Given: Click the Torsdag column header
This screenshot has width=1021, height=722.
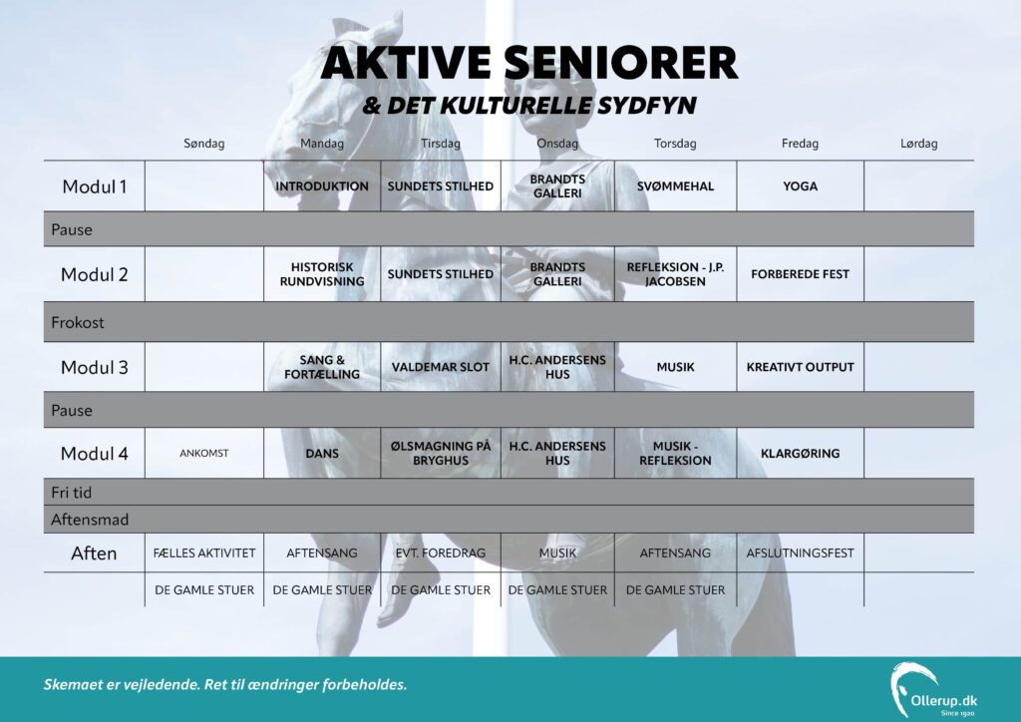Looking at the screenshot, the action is tap(675, 144).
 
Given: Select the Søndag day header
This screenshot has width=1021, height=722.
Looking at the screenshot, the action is tap(203, 144).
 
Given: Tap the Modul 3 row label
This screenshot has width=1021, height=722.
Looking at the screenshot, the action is tap(95, 367).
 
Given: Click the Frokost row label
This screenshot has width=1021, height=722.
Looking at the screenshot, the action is tap(78, 322).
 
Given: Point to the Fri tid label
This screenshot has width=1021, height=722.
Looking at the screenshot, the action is tap(71, 493).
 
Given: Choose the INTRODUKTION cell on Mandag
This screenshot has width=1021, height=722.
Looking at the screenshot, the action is tap(322, 186).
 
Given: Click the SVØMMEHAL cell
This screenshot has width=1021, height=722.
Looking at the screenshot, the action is tap(675, 186).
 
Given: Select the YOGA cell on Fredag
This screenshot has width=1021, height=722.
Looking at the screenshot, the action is tap(800, 186).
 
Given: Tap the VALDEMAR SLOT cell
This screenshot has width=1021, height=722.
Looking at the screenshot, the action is tap(440, 367).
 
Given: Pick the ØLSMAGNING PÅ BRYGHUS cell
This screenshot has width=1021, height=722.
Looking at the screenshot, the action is tap(440, 453).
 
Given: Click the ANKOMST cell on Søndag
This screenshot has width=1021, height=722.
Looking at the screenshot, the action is tap(203, 453).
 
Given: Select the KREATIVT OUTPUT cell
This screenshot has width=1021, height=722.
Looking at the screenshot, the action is tap(800, 367).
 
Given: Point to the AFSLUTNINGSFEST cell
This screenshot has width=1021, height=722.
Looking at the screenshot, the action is tap(800, 552).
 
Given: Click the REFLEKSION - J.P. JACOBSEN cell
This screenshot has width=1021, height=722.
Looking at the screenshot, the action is tap(675, 274).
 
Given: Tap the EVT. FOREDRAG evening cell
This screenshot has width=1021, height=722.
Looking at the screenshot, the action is tap(440, 552).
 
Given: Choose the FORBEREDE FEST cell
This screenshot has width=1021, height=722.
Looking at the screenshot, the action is tap(800, 274).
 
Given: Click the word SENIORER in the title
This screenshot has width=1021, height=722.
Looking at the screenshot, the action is tap(620, 63).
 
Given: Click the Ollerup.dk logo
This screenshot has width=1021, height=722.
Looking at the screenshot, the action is tap(933, 690).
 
